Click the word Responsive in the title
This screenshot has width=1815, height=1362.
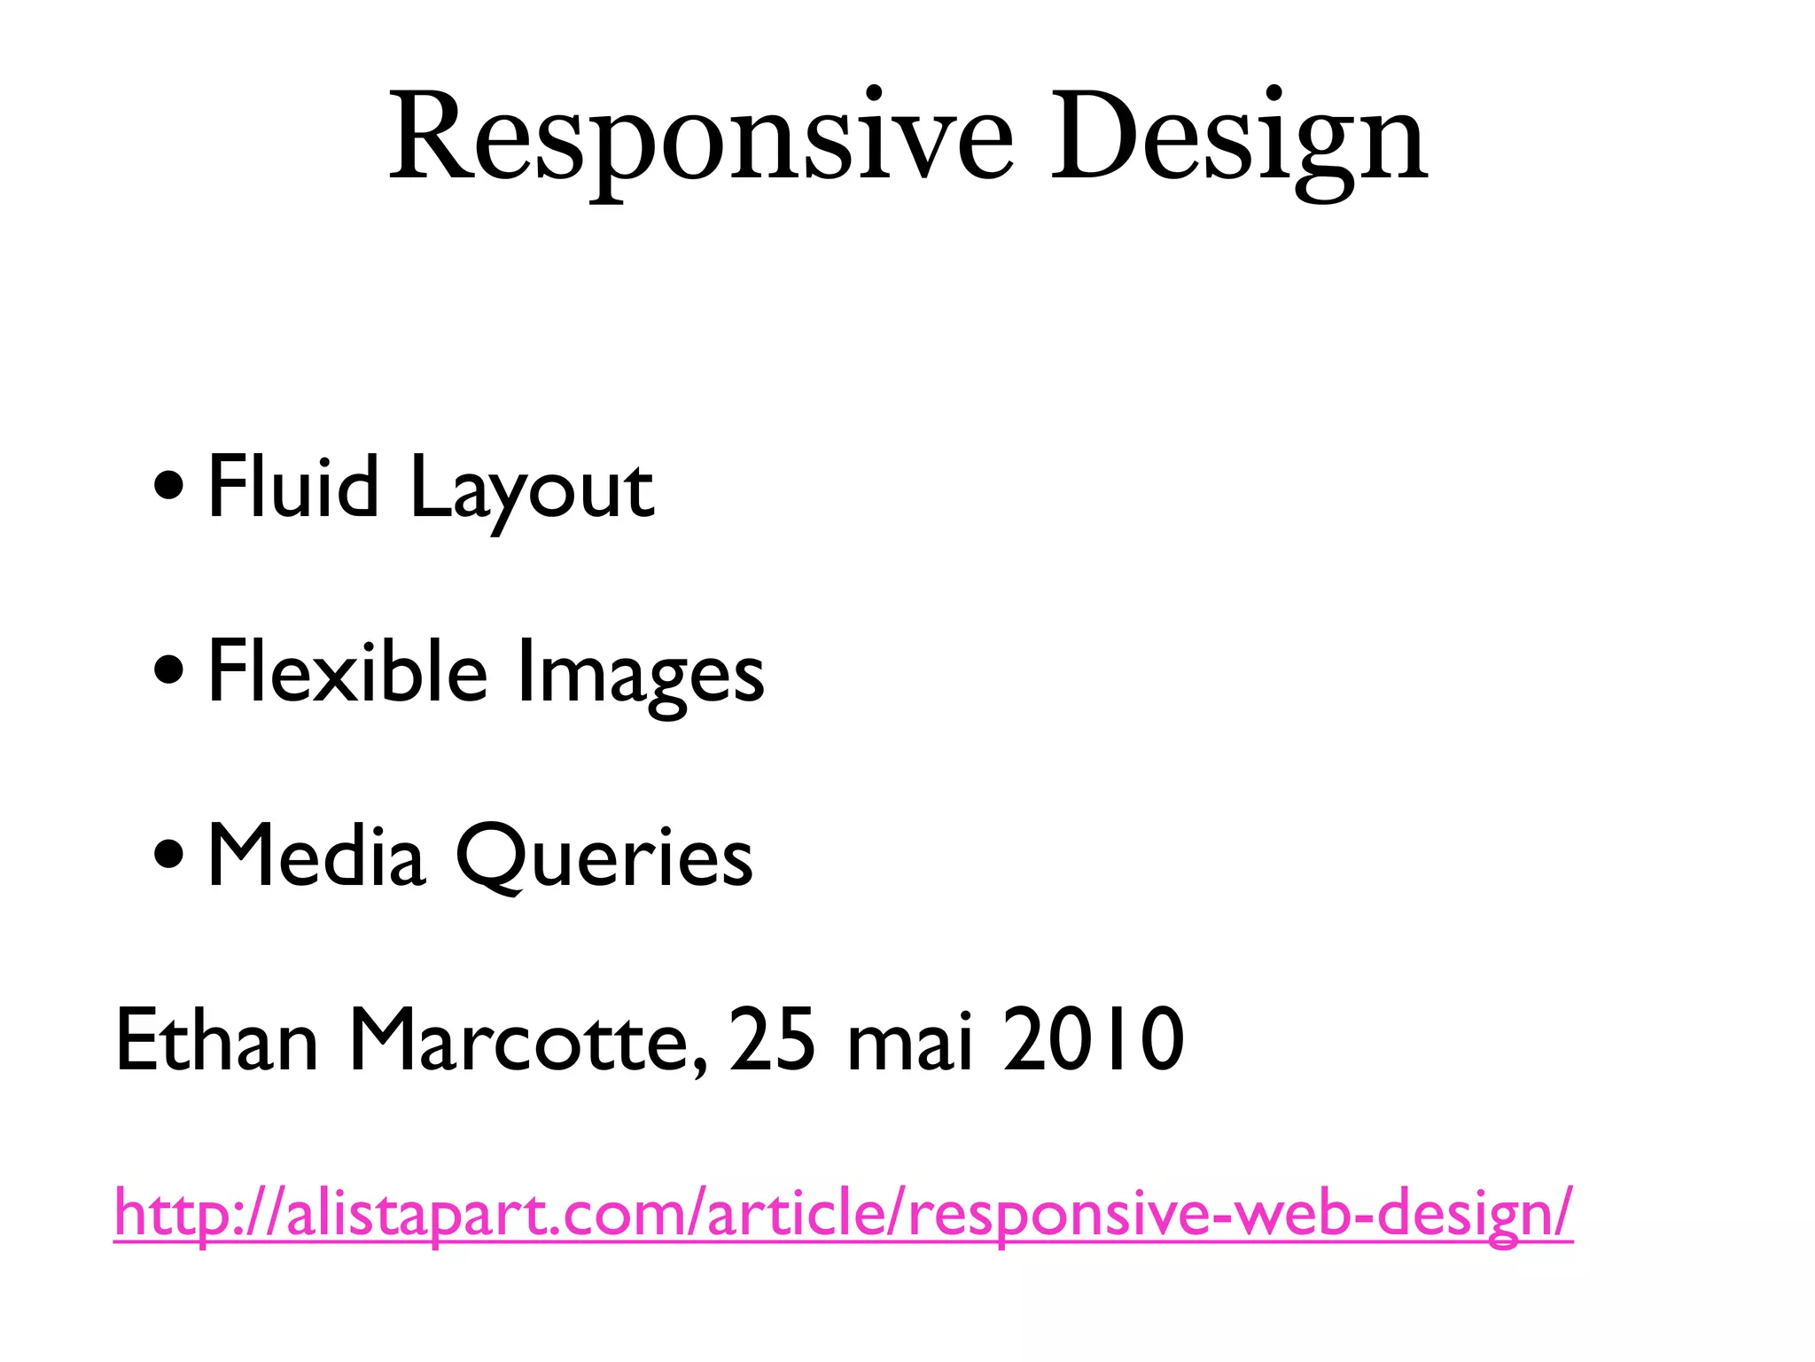coord(700,137)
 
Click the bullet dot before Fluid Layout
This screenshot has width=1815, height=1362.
coord(168,485)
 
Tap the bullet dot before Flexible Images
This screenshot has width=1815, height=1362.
coord(168,670)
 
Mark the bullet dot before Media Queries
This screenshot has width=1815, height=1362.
coord(168,855)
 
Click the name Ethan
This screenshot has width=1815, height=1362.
coord(216,1039)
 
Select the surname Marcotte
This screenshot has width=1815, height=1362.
coord(519,1039)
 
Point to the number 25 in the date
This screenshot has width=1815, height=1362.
coord(772,1039)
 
